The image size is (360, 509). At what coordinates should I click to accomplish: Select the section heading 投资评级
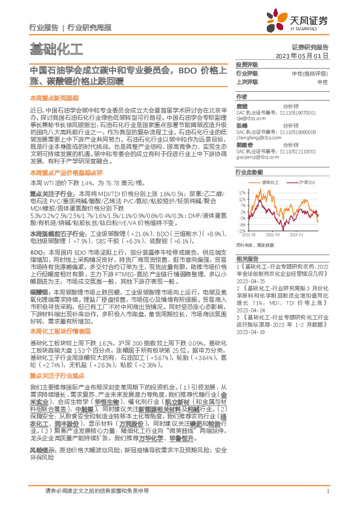point(246,64)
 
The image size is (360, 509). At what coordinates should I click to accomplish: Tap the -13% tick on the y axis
point(241,231)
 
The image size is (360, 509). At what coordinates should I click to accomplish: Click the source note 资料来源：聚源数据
point(254,245)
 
